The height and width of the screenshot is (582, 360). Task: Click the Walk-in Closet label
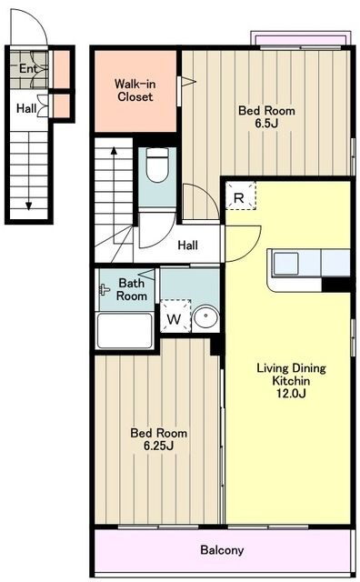[x=135, y=90]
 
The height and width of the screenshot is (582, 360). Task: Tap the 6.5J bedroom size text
[x=266, y=124]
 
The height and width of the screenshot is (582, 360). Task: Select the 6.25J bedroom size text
[x=158, y=446]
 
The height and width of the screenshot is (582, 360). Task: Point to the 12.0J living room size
[x=291, y=393]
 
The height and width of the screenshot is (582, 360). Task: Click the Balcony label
[x=222, y=549]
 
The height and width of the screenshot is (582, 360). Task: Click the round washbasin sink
[x=205, y=316]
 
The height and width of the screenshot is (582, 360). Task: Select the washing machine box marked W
[x=175, y=316]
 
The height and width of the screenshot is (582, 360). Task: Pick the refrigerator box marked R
[x=241, y=196]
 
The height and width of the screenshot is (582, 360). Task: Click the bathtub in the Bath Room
[x=125, y=330]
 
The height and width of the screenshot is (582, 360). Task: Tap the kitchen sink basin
[x=285, y=263]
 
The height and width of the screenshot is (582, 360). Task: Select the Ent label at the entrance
[x=28, y=68]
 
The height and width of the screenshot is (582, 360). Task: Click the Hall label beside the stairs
[x=188, y=245]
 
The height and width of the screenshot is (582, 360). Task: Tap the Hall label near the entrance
[x=26, y=108]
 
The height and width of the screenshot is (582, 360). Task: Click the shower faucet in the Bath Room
[x=105, y=289]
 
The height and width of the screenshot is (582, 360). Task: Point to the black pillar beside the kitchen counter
[x=335, y=285]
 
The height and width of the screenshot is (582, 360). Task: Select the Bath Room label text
[x=132, y=289]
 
